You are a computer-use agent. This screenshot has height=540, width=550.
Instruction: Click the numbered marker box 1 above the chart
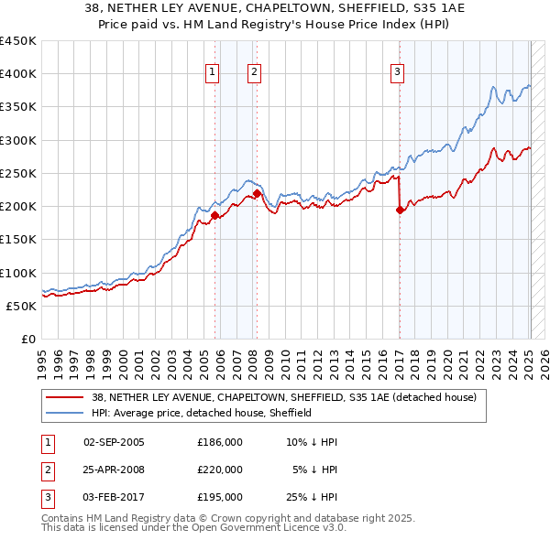[213, 73]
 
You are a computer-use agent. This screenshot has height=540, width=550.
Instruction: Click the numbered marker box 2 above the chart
[254, 73]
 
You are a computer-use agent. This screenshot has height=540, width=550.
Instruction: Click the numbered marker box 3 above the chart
[398, 73]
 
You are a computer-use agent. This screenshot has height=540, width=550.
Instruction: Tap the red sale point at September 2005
[214, 216]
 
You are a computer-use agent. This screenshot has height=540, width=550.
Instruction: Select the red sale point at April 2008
[257, 194]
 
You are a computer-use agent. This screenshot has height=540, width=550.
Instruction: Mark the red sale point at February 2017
[400, 210]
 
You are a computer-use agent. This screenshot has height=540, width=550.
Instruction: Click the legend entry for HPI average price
[202, 413]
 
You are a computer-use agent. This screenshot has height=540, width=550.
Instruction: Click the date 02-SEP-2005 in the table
[114, 442]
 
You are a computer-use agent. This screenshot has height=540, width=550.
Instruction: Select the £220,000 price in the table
[220, 470]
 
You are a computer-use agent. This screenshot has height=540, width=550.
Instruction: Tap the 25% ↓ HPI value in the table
[312, 497]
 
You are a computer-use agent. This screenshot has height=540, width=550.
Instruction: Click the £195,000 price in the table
[220, 497]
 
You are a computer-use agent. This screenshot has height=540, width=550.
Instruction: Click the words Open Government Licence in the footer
[260, 528]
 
